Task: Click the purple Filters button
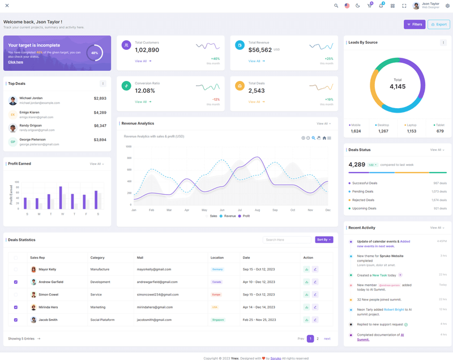414,24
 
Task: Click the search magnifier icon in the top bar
336,6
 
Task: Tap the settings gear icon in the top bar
447,6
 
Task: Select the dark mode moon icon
358,6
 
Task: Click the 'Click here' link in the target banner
16,62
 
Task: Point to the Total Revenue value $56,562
260,50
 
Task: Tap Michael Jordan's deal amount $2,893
100,98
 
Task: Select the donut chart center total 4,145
398,87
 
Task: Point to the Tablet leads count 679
440,131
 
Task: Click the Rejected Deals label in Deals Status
363,200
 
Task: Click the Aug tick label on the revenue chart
257,210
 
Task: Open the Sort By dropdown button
324,240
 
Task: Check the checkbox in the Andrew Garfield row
16,282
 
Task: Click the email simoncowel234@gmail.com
157,294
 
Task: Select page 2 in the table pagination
318,338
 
